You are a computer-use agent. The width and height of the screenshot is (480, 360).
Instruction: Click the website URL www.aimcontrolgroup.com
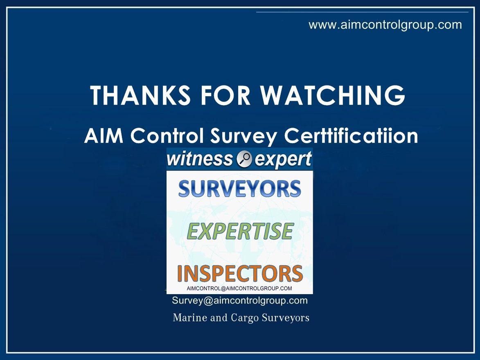tap(385, 25)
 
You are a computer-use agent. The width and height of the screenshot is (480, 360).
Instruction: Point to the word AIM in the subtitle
tap(99, 136)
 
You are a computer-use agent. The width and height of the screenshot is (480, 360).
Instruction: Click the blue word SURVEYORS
tap(240, 189)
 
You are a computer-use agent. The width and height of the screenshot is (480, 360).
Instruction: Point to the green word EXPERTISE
tap(240, 231)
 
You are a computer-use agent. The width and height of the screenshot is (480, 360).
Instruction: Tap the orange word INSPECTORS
tap(240, 273)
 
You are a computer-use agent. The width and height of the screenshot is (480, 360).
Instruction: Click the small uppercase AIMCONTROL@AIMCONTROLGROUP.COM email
tap(239, 288)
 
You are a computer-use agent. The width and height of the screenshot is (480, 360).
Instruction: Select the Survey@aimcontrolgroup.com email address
tap(240, 301)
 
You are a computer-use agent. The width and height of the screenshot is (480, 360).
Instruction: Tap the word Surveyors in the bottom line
tap(286, 318)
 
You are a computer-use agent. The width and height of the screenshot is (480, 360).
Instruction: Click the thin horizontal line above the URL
tap(362, 12)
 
